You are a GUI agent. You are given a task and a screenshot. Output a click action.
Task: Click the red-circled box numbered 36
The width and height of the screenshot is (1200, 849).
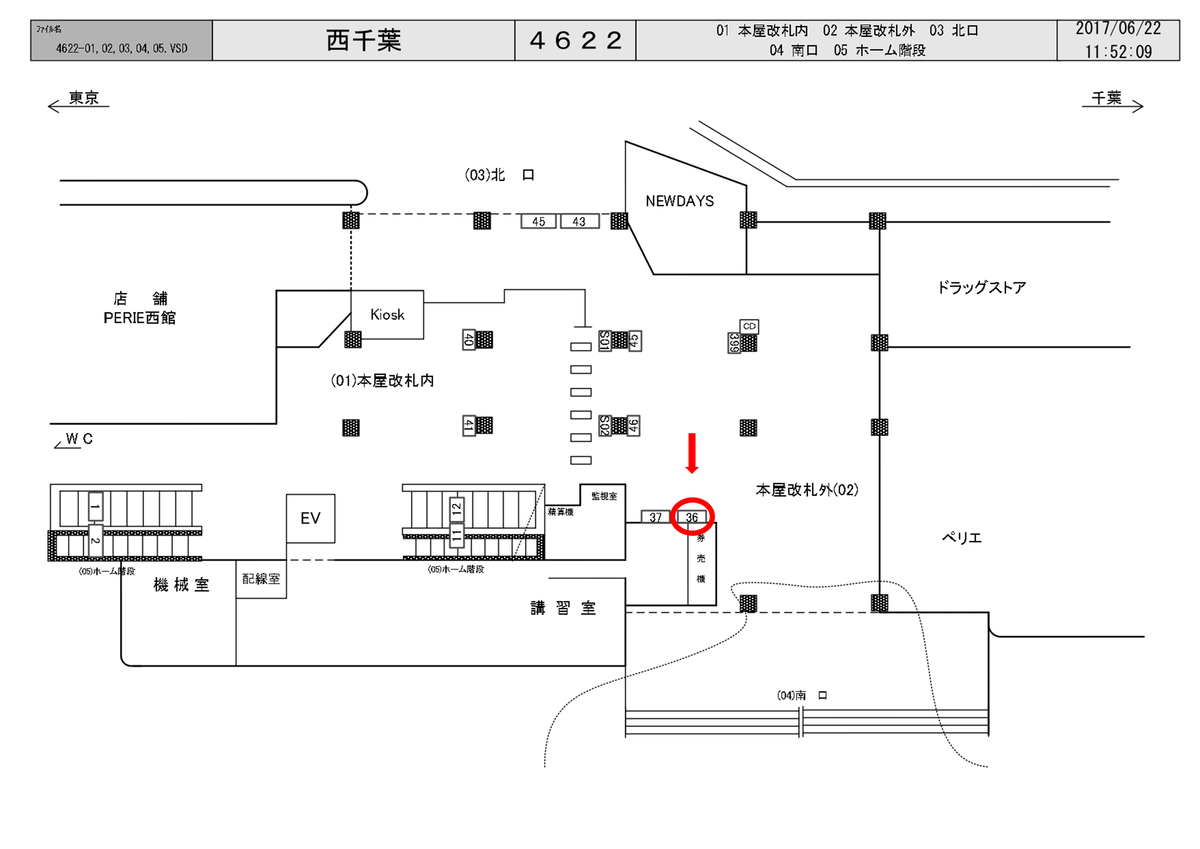click(x=692, y=517)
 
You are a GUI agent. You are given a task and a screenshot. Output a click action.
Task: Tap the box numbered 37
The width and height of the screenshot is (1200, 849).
click(x=655, y=517)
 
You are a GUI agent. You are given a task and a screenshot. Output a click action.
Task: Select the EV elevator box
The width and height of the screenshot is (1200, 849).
click(x=310, y=518)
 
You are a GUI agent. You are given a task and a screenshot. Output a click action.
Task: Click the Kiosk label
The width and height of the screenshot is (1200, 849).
click(x=387, y=315)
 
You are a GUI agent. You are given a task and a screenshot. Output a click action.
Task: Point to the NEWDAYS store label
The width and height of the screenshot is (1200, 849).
click(x=679, y=201)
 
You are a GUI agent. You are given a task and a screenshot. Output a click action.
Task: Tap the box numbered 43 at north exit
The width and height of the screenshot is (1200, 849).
click(x=579, y=222)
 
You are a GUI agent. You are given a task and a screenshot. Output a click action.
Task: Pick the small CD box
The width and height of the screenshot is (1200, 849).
click(x=749, y=326)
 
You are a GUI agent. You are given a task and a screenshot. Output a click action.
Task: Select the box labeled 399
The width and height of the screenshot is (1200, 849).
click(x=734, y=343)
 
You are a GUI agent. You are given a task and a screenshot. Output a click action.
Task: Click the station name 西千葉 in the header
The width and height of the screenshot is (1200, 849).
click(x=364, y=40)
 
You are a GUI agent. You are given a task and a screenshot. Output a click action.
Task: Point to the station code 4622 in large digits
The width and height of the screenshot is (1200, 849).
click(x=575, y=40)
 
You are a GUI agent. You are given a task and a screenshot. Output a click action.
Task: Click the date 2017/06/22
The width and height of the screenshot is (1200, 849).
click(x=1118, y=28)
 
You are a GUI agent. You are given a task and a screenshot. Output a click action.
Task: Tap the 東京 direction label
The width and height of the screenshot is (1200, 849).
click(x=83, y=98)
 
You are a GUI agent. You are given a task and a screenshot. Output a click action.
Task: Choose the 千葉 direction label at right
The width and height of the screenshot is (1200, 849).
click(x=1106, y=98)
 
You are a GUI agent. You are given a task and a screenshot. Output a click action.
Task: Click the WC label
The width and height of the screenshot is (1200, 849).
click(x=79, y=438)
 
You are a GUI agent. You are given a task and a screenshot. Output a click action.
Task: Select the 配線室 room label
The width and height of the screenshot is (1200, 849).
click(x=261, y=579)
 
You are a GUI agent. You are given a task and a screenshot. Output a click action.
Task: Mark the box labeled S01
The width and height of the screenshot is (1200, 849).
click(x=605, y=341)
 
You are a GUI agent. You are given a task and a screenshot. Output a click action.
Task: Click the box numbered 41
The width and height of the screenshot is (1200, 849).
click(x=469, y=425)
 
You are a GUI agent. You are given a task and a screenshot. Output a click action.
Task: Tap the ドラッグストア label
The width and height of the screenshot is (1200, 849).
click(x=981, y=288)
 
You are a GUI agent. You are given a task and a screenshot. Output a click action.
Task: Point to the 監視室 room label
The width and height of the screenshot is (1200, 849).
click(x=604, y=496)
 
